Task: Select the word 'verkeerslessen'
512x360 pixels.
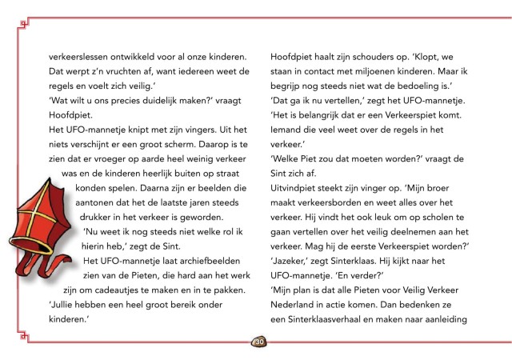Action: [x=75, y=56]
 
